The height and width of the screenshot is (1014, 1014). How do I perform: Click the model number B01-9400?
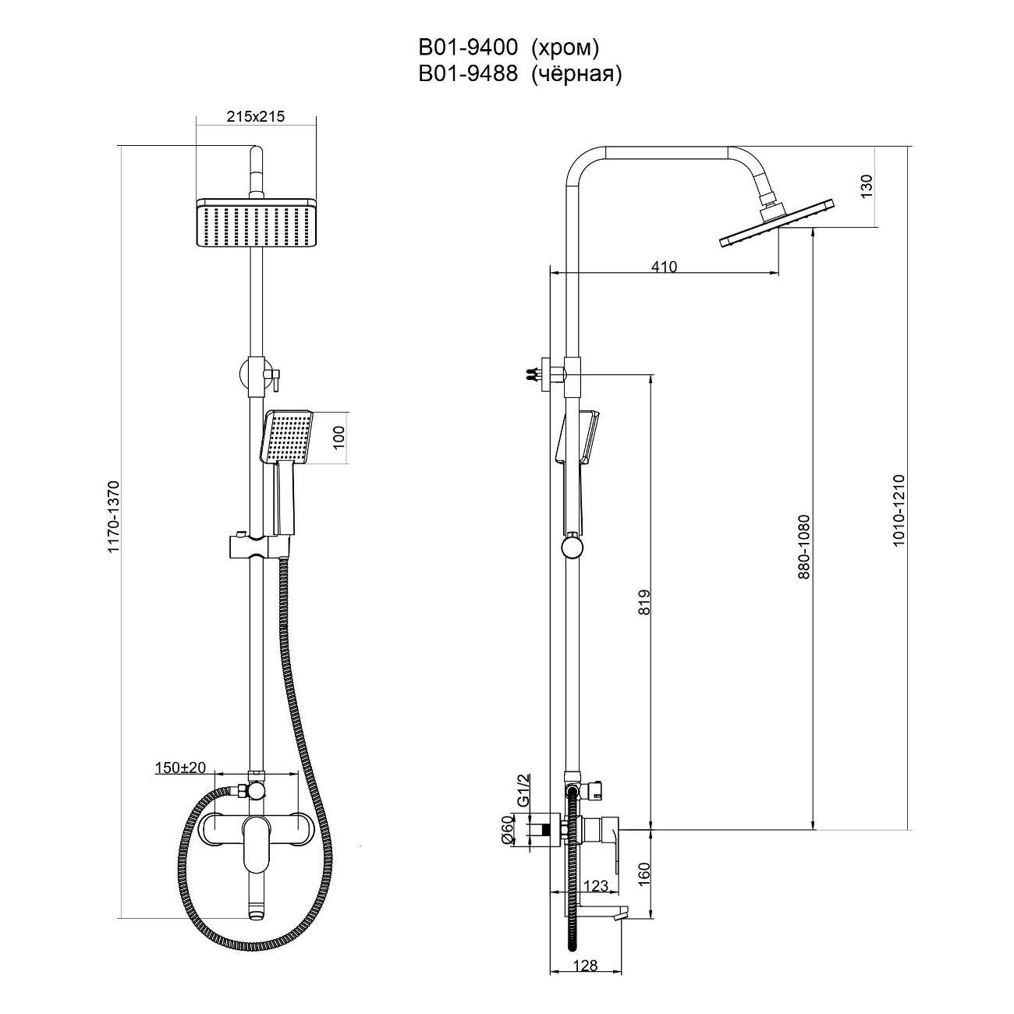(468, 48)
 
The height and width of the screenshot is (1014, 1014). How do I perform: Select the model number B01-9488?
(468, 74)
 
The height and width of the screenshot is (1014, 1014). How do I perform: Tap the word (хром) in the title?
(565, 48)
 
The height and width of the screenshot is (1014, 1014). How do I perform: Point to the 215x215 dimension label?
(255, 117)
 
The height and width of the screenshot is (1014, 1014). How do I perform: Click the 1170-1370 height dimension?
(114, 517)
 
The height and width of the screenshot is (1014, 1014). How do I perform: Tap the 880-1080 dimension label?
(804, 546)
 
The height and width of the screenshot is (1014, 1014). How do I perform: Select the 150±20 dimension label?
(180, 768)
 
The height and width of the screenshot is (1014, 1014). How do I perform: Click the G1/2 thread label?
(524, 789)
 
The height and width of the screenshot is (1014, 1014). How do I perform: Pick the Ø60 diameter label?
(507, 829)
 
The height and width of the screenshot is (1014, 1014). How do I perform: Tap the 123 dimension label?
(595, 886)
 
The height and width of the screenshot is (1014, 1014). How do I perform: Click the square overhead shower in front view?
(256, 223)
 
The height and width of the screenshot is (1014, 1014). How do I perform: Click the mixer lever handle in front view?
(255, 844)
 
